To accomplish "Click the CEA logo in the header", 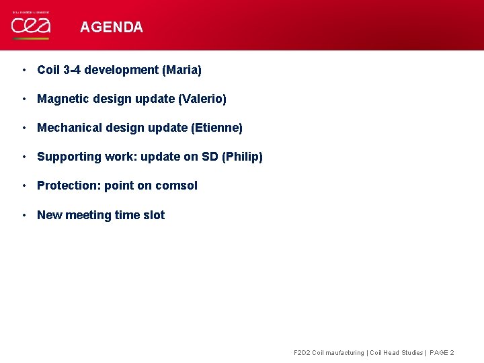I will pyautogui.click(x=30, y=26).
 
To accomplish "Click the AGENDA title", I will pyautogui.click(x=111, y=28).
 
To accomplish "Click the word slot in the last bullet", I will pyautogui.click(x=153, y=215).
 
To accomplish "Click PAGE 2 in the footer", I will pyautogui.click(x=442, y=353).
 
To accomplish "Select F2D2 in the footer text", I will pyautogui.click(x=302, y=353).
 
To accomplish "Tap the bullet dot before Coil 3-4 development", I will pyautogui.click(x=24, y=70).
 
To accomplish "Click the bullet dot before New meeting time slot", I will pyautogui.click(x=24, y=215).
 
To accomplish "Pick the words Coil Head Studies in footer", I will pyautogui.click(x=397, y=353).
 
